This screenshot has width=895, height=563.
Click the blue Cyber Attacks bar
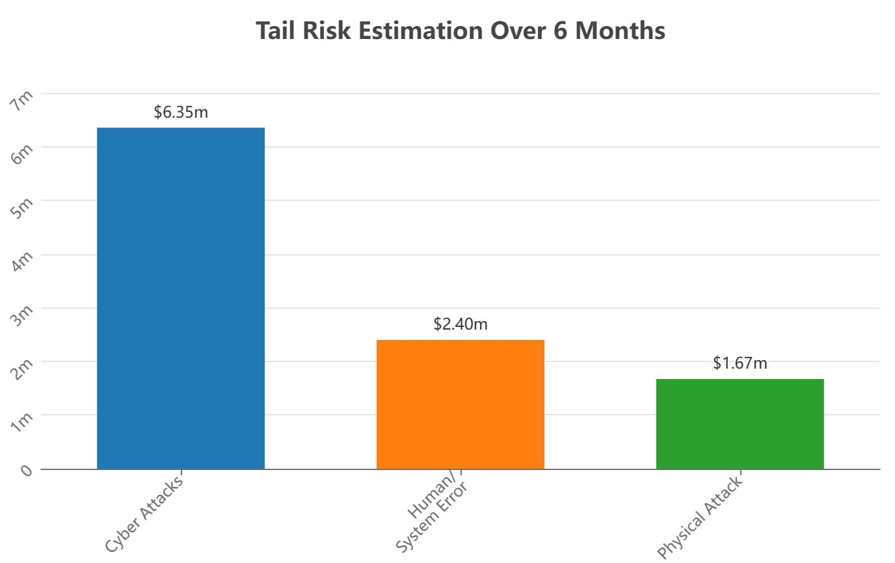coord(181,298)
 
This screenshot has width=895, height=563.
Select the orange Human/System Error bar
coord(460,404)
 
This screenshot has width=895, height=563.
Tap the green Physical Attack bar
coord(740,423)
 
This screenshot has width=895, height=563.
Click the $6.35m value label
coord(181,112)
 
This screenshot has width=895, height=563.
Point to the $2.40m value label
coord(460,324)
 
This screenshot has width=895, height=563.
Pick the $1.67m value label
coord(740,363)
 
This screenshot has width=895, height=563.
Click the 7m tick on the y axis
coord(24,101)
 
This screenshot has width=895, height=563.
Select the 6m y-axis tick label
coord(24,154)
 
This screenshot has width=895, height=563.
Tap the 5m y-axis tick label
coord(24,208)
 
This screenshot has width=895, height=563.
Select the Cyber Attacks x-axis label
coord(144,513)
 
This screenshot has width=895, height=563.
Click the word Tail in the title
coord(277,31)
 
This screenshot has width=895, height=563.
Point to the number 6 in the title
coord(561,31)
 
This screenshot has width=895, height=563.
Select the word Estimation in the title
coord(416,31)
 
